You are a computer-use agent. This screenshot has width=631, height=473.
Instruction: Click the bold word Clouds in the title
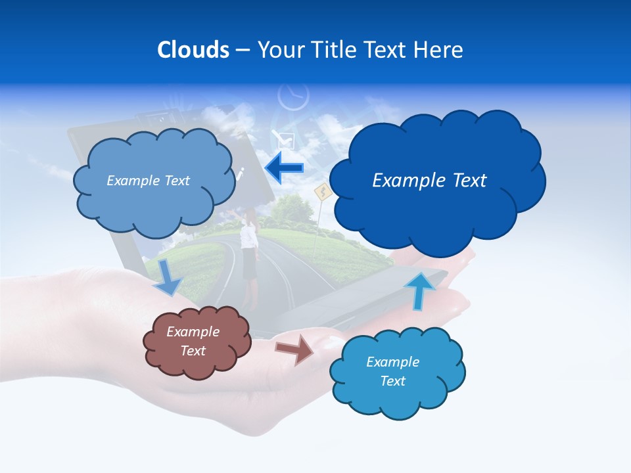click(x=193, y=50)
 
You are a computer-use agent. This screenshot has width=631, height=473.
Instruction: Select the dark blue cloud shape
click(x=436, y=177)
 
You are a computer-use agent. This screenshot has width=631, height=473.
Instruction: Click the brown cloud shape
click(x=197, y=342)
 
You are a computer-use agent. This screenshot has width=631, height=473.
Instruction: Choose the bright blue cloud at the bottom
click(x=396, y=372)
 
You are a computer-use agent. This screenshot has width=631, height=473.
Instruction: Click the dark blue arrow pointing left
click(x=285, y=168)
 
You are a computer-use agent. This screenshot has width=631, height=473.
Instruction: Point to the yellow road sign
click(x=322, y=192)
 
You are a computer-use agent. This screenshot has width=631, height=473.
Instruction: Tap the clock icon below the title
click(x=293, y=96)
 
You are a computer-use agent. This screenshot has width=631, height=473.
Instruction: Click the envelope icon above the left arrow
click(x=286, y=139)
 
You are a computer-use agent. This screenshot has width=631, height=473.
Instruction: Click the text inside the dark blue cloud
click(x=429, y=181)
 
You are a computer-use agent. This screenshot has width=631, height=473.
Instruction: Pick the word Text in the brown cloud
click(x=193, y=351)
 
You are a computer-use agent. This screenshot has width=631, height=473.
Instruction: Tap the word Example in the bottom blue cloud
click(x=392, y=362)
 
